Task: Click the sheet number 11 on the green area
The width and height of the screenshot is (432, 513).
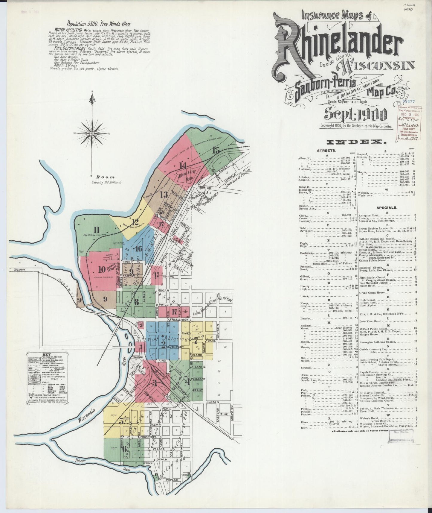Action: (x=96, y=230)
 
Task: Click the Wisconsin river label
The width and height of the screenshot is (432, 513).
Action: (x=87, y=417)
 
